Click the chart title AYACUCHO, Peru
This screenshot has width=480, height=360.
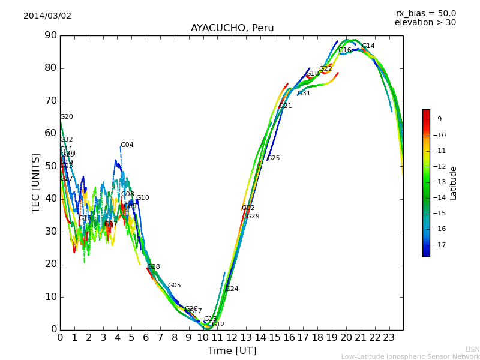tap(232, 28)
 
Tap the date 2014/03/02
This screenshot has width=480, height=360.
tap(47, 16)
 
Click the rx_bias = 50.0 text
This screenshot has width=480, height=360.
tap(425, 13)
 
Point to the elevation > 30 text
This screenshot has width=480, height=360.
tap(425, 23)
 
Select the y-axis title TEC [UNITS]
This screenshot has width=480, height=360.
tap(36, 182)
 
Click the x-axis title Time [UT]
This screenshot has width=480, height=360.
tap(232, 350)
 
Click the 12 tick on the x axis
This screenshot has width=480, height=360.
tap(232, 337)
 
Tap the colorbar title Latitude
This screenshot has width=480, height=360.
tap(454, 183)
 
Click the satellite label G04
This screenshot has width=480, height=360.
tap(127, 145)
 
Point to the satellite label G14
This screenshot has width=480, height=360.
tap(368, 46)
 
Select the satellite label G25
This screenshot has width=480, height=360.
tap(274, 158)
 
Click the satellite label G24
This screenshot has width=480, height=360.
tap(232, 289)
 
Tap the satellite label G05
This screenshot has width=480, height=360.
tap(174, 286)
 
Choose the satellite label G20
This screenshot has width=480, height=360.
tap(66, 117)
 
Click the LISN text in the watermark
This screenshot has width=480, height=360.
tap(472, 349)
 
